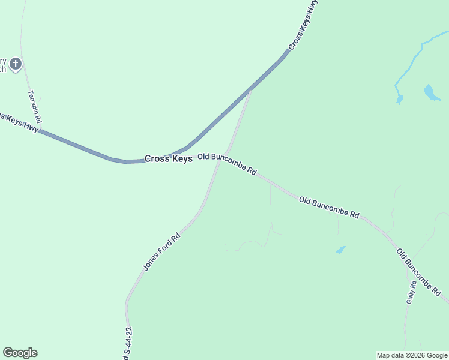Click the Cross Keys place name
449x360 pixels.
click(x=169, y=159)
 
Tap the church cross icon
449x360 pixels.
click(x=16, y=63)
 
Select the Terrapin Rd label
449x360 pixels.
click(x=34, y=107)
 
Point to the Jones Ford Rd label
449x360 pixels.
click(x=161, y=251)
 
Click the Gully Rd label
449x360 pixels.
click(x=411, y=292)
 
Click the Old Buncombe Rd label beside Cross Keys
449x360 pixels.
click(x=227, y=163)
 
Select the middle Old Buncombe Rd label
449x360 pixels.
click(x=329, y=206)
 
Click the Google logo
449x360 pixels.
click(x=20, y=353)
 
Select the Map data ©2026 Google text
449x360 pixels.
click(x=412, y=355)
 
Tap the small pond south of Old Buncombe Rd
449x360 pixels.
click(x=340, y=250)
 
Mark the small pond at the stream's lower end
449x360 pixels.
click(x=400, y=99)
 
